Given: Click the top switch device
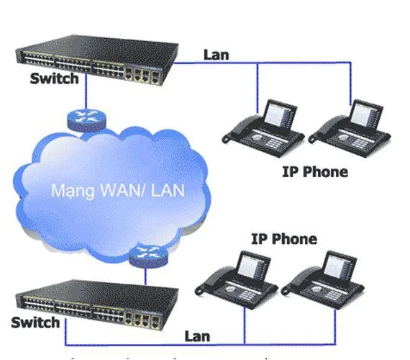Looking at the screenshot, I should pyautogui.click(x=94, y=56).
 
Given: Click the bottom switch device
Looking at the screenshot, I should pyautogui.click(x=94, y=298).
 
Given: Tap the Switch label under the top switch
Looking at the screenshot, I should pyautogui.click(x=54, y=78).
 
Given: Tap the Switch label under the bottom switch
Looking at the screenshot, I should pyautogui.click(x=35, y=321).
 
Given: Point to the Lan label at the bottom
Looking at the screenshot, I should pyautogui.click(x=197, y=335).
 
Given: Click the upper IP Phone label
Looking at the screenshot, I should pyautogui.click(x=315, y=172).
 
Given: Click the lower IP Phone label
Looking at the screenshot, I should pyautogui.click(x=283, y=238).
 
